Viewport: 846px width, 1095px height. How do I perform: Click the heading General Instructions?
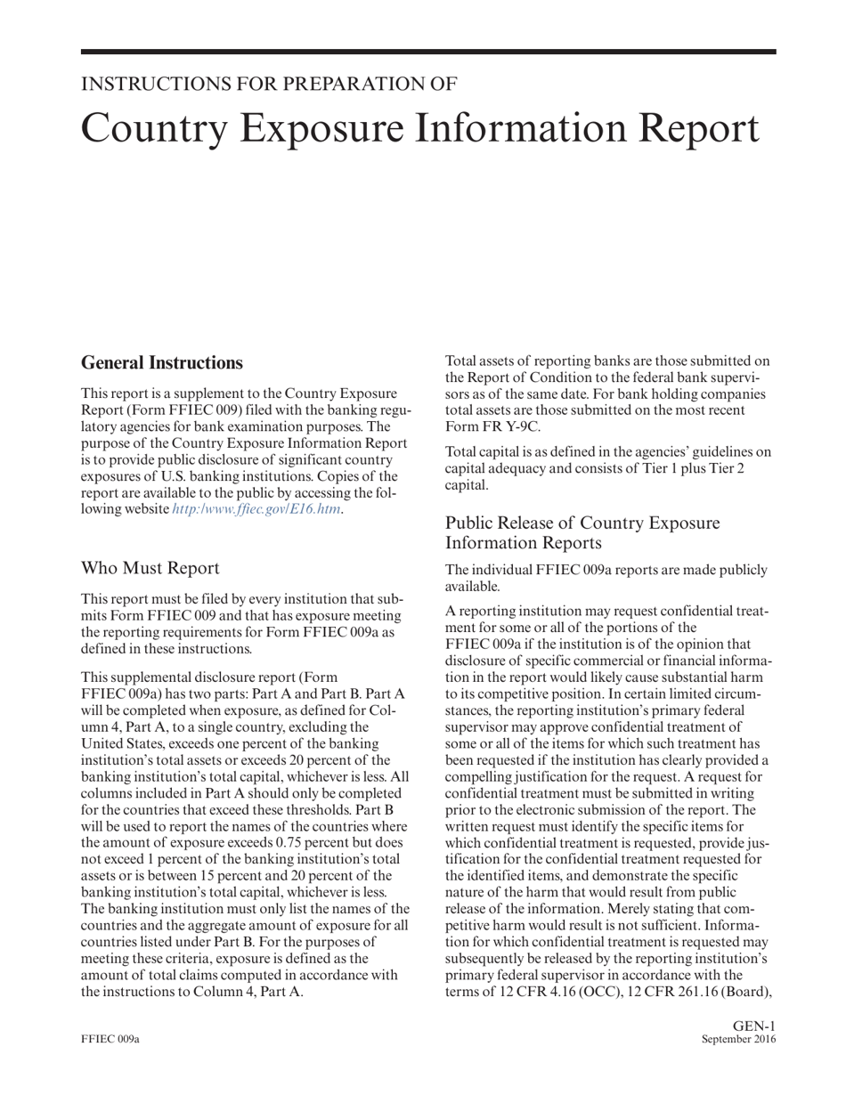point(161,362)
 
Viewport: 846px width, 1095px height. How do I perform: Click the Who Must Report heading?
point(150,568)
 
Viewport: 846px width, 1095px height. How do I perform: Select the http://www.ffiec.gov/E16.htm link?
point(256,509)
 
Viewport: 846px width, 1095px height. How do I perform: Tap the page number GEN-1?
point(754,1026)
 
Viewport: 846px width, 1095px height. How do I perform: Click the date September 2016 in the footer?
point(738,1040)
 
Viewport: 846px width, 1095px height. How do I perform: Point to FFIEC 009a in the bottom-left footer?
point(110,1040)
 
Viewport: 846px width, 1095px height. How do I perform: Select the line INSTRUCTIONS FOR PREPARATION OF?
point(269,85)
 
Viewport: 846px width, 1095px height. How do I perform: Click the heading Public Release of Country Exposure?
point(582,523)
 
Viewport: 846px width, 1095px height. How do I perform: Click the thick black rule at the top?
point(428,53)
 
